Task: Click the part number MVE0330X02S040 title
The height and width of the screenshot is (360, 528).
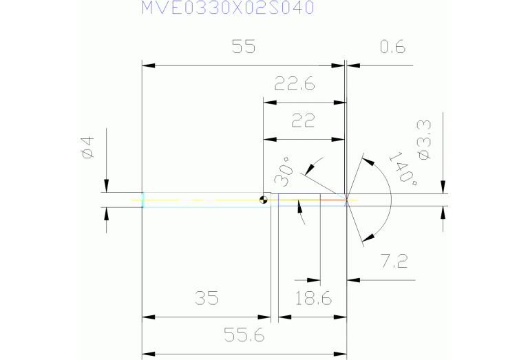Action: point(228,8)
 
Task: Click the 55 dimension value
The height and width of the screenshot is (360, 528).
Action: point(243,47)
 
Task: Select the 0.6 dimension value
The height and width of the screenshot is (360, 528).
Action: point(392,47)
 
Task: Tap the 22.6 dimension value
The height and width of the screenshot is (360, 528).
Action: point(294,85)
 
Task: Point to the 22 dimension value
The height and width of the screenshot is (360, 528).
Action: point(303,121)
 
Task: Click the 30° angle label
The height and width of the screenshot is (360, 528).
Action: point(283,172)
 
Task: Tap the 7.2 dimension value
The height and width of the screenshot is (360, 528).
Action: point(394,261)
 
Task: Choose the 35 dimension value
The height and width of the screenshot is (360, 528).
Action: point(206,299)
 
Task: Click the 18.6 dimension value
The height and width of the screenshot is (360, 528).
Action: point(313,299)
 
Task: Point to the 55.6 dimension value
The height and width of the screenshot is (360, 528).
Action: point(245,336)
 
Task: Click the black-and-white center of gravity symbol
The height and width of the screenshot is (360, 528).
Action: point(264,200)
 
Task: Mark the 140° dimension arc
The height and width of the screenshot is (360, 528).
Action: point(391,200)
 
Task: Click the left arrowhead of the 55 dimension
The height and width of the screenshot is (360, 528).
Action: point(147,65)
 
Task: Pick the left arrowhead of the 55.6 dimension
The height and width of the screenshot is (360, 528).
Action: point(147,354)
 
